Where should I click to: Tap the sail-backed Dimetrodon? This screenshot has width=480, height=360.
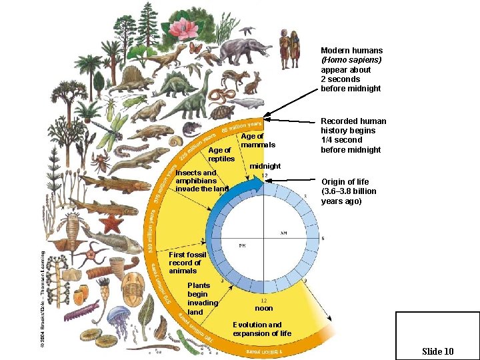(128, 80)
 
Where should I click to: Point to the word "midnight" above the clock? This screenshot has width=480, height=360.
(265, 166)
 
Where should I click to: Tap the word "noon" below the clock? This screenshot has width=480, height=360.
(264, 308)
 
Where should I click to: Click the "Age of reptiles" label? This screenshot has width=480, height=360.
(220, 155)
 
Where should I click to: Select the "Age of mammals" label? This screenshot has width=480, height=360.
(257, 140)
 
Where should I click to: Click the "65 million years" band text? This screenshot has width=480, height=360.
(241, 125)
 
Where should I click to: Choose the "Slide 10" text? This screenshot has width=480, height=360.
(437, 351)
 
